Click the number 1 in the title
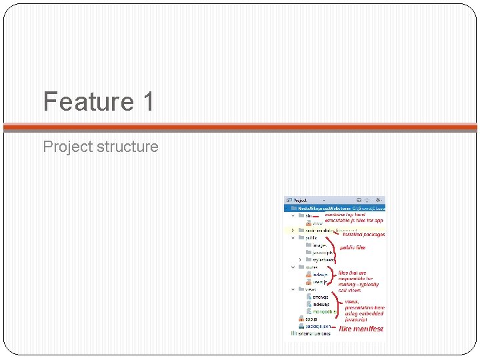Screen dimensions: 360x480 coord(147,102)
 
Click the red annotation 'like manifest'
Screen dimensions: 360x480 coord(361,329)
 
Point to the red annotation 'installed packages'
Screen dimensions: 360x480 coord(363,235)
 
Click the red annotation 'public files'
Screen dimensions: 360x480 coord(353,247)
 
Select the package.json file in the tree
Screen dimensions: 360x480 coord(318,326)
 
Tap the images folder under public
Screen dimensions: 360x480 coord(319,245)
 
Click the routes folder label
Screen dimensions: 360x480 coord(311,267)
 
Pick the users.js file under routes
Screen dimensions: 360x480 coord(319,282)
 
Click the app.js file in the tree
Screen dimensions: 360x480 coord(311,319)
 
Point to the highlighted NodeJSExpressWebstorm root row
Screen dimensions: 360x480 coord(333,208)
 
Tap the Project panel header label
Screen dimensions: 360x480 coord(299,200)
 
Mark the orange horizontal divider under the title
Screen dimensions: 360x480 coord(240,127)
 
